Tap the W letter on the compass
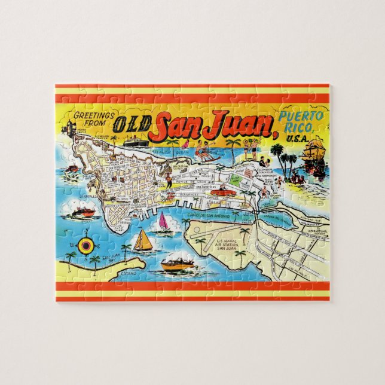(x=74, y=245)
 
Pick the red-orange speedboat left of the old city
(x=84, y=212)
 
